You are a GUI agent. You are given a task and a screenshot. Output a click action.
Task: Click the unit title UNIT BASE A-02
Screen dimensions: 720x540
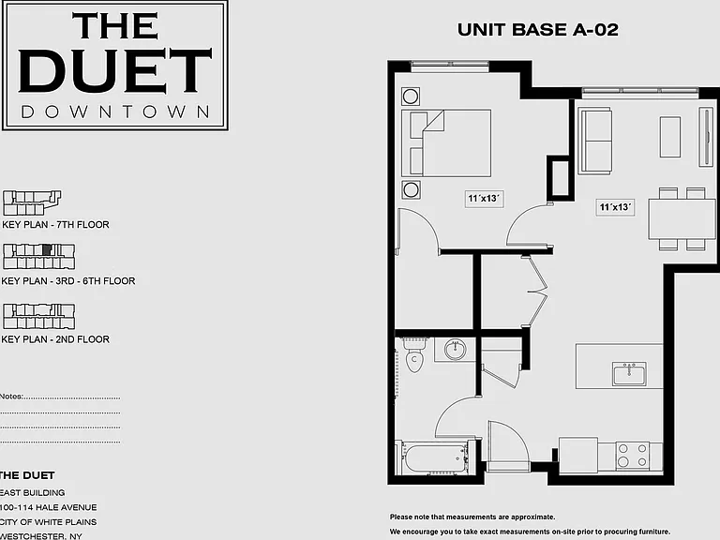pos(538,30)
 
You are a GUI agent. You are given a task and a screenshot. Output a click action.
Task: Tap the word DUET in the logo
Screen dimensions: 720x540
pos(114,70)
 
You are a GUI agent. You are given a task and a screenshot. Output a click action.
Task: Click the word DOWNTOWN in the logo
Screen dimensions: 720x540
pos(115,112)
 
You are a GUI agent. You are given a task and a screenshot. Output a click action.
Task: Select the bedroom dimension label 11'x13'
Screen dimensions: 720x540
pos(484,199)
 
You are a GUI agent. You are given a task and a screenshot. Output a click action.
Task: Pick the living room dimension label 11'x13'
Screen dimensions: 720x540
pos(615,207)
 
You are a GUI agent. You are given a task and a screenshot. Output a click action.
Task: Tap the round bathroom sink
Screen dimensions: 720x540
pos(455,350)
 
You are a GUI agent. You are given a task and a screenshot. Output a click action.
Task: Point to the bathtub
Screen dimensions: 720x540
pos(434,457)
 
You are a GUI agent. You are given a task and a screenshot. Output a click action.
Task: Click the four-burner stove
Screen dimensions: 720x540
pos(632,455)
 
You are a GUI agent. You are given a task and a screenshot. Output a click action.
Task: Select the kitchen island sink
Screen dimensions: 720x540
pos(629,373)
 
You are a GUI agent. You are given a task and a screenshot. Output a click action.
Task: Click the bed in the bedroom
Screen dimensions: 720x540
pos(446,142)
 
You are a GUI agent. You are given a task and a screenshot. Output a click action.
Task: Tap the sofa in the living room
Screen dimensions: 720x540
pos(594,141)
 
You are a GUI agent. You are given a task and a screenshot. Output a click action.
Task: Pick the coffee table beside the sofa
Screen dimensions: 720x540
pos(670,137)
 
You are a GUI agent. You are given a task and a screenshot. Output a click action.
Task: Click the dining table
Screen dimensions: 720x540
pos(682,218)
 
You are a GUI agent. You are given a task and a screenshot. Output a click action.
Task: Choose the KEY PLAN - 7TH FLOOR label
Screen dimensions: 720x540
pos(55,225)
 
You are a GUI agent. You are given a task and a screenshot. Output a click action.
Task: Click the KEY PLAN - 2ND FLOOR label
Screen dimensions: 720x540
pos(55,339)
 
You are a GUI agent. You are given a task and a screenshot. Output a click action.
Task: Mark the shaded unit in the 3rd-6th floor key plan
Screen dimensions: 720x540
pos(46,249)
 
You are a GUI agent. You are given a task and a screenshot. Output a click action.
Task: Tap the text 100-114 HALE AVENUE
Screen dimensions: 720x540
pos(48,507)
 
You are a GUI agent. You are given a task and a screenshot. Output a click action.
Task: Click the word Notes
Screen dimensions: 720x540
pos(11,397)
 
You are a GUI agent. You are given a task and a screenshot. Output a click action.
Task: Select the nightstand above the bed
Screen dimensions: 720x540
pos(411,97)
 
